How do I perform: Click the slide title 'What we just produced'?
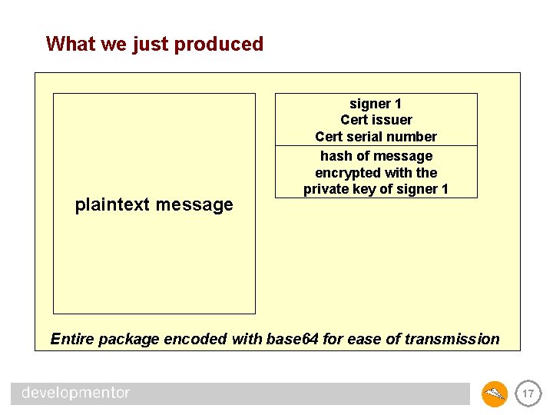154,44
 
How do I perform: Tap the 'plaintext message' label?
154,205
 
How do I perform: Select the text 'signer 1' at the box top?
376,104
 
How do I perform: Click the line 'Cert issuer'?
376,120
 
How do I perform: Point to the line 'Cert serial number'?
376,137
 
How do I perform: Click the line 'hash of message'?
376,156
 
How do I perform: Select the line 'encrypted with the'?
376,173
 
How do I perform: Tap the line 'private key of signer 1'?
376,189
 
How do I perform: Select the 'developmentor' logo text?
75,393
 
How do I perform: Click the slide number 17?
527,394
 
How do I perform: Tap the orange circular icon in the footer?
495,394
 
